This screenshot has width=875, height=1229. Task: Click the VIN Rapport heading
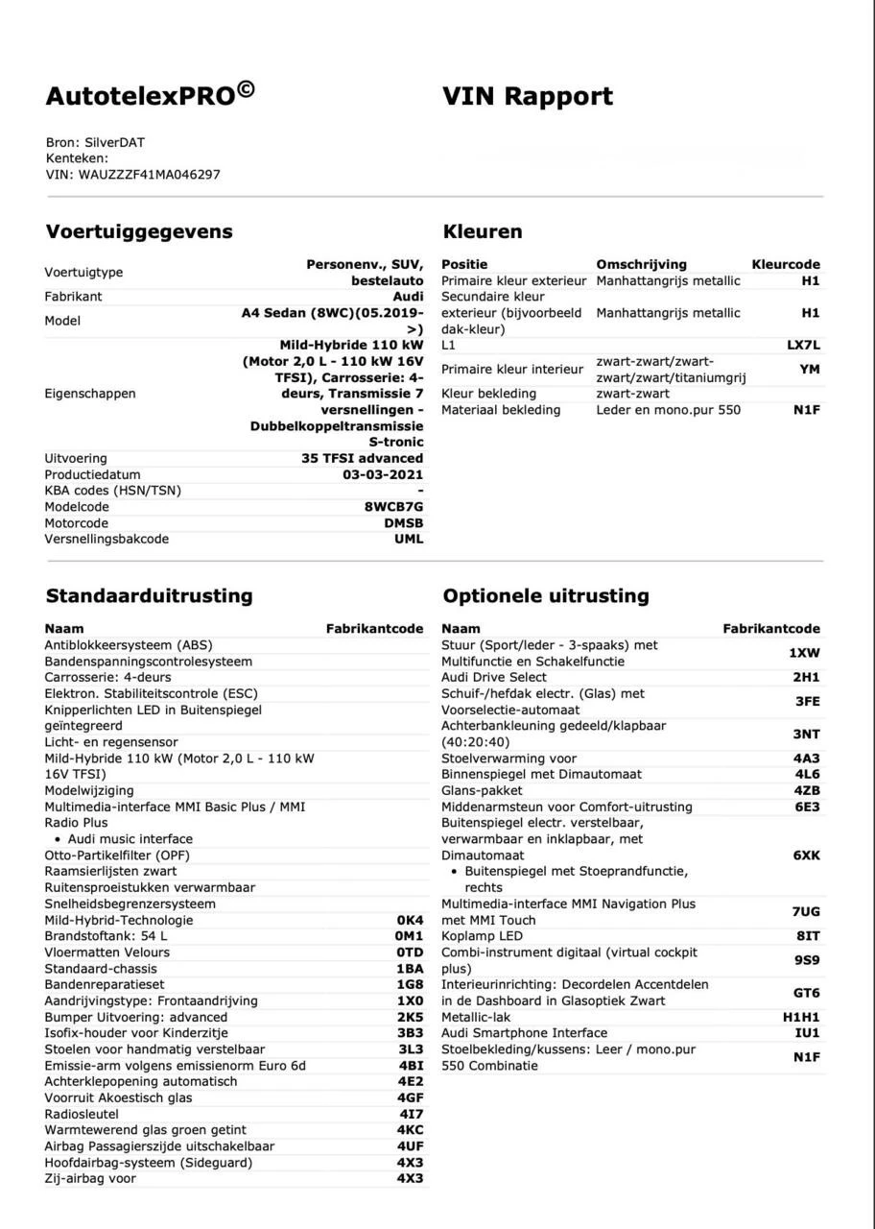pos(528,96)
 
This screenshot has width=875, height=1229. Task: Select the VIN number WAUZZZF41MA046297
pos(149,174)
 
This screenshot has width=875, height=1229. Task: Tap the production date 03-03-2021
pos(383,474)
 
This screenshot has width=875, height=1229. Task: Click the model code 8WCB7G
pos(393,507)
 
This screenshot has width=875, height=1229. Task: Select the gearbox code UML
pos(408,540)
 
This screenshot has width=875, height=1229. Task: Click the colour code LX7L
pos(803,345)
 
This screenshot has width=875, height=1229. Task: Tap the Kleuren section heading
pos(483,231)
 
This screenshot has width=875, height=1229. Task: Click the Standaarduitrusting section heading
pos(149,595)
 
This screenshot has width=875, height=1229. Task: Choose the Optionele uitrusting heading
pos(546,595)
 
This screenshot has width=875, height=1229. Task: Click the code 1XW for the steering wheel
pos(804,653)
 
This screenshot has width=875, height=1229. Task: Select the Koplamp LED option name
pos(483,936)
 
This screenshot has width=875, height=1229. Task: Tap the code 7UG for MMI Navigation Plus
pos(805,911)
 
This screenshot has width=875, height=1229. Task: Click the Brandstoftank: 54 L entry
pos(106,936)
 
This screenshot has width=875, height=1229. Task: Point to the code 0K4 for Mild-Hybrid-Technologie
pos(409,920)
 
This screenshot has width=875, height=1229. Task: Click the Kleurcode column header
pos(785,264)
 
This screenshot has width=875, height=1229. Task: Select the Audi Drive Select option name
pos(494,677)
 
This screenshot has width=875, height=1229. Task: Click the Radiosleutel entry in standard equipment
pos(82,1114)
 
